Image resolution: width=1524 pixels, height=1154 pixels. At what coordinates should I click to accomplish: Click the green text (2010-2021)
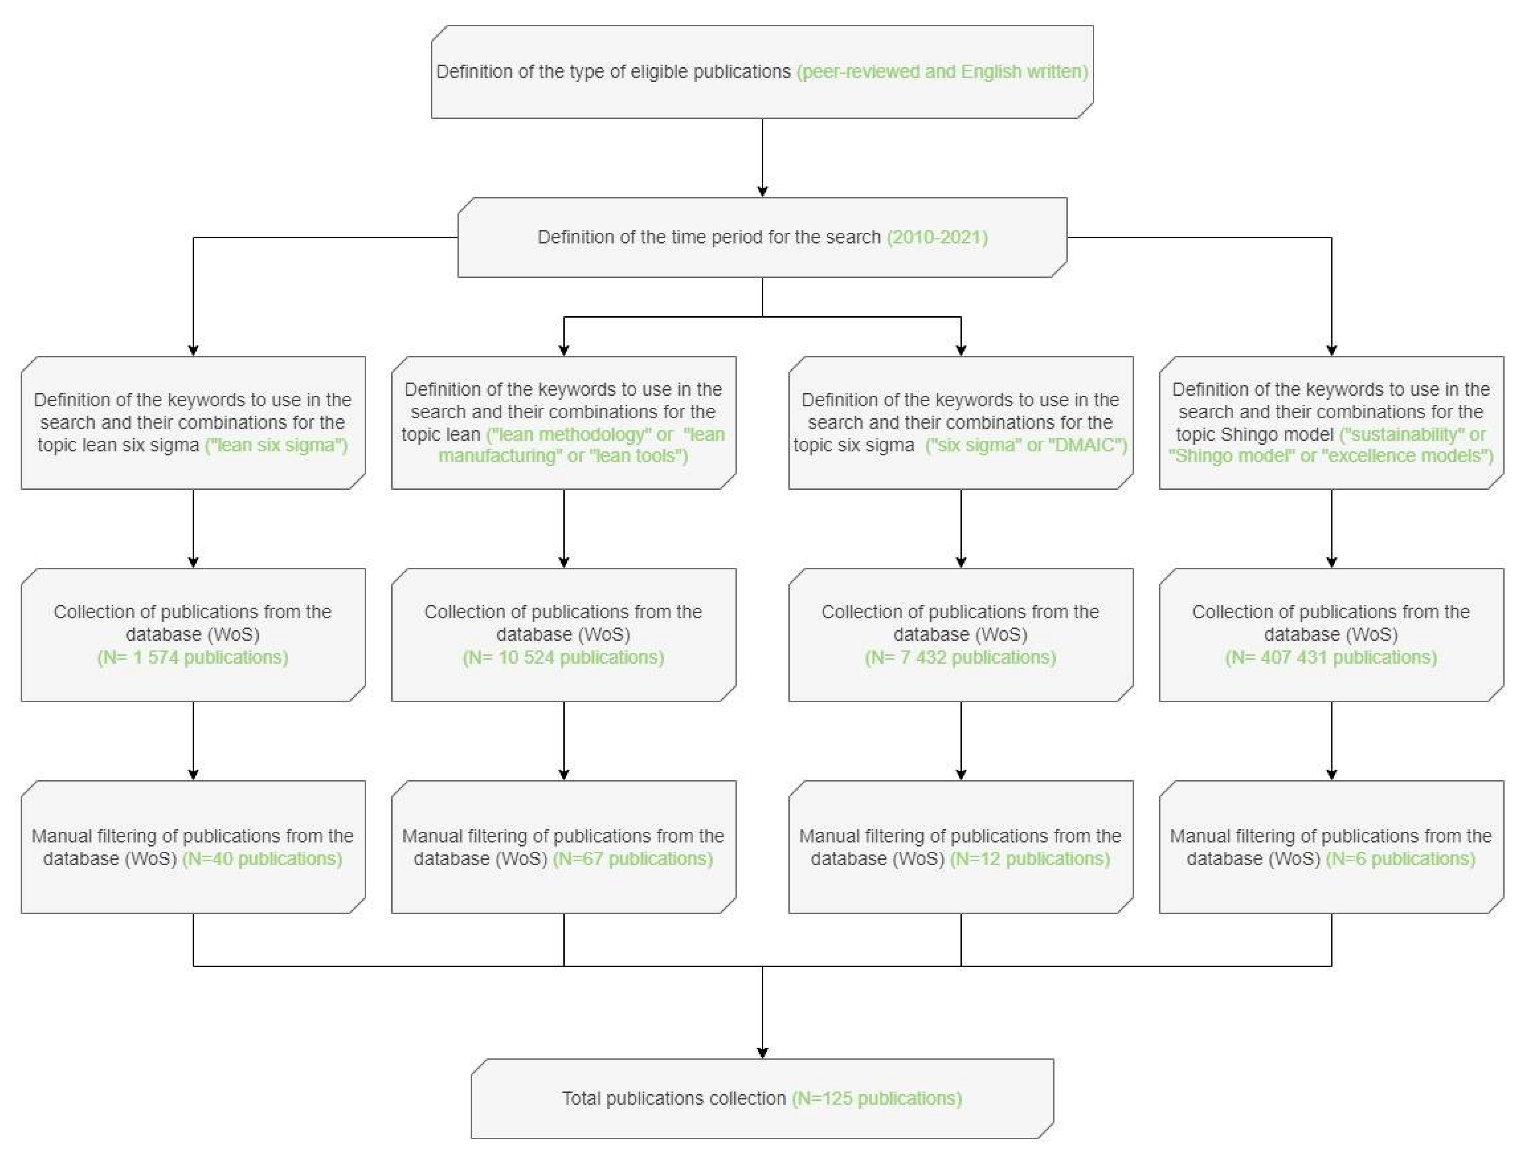pos(937,237)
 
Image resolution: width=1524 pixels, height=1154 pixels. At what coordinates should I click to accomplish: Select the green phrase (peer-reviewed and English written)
pos(942,72)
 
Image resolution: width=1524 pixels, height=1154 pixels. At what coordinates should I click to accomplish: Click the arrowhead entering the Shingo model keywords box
pos(1331,350)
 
